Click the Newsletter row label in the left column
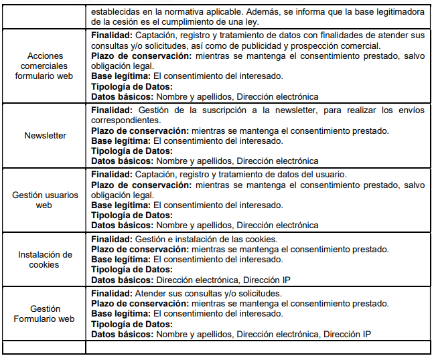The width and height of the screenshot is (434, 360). [x=45, y=135]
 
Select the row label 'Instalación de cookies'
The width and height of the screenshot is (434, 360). [x=45, y=260]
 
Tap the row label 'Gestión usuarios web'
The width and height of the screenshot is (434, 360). [x=45, y=200]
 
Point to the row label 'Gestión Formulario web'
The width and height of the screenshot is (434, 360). [x=45, y=314]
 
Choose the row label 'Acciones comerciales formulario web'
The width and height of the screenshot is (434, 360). [x=45, y=66]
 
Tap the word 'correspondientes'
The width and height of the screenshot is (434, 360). [x=124, y=118]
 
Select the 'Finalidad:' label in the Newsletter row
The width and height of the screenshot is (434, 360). [x=112, y=109]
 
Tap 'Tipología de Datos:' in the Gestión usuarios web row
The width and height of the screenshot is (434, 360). [x=132, y=215]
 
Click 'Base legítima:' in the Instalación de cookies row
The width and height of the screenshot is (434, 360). [x=121, y=259]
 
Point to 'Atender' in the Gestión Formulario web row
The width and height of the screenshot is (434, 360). [x=152, y=294]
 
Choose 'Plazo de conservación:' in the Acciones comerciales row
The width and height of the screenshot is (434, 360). [x=141, y=56]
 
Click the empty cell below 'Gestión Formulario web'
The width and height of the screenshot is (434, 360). [x=45, y=347]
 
